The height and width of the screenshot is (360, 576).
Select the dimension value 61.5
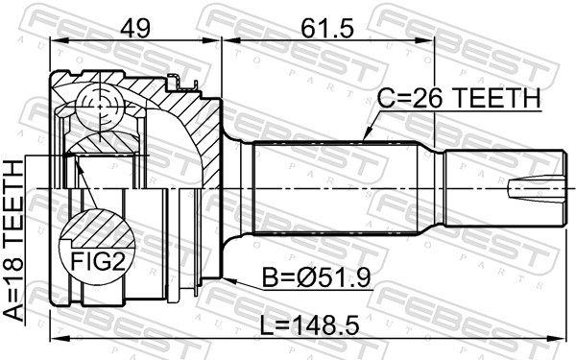click(x=324, y=27)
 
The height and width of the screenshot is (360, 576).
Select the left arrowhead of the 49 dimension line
click(x=54, y=41)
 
